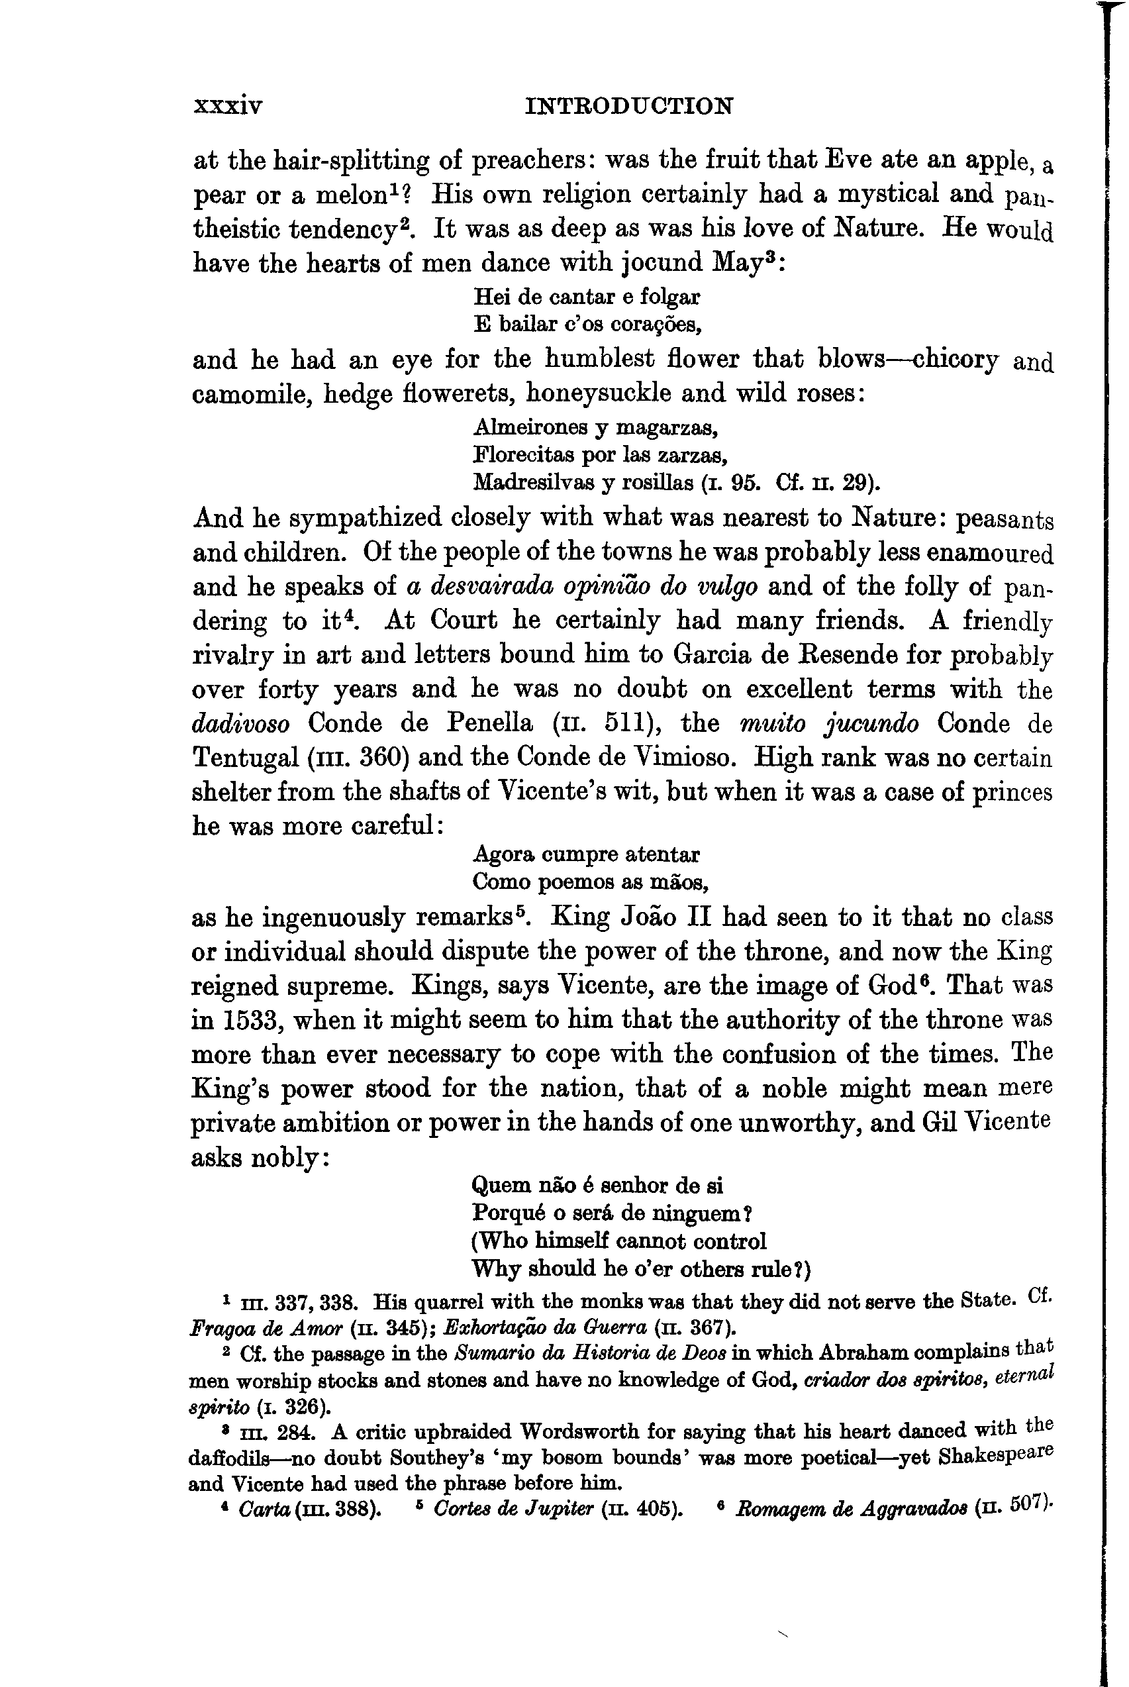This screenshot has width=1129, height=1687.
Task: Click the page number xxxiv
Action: coord(228,107)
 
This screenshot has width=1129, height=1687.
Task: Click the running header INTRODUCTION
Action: coord(629,106)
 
